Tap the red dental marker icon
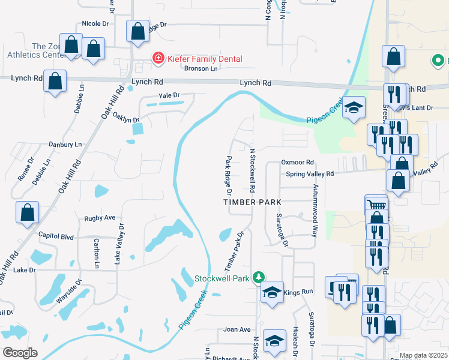point(158,59)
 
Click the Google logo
point(20,352)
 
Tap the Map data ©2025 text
point(423,355)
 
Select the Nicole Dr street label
point(95,23)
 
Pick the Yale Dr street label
point(169,95)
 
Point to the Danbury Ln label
point(65,145)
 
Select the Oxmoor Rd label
point(298,163)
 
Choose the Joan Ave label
point(237,329)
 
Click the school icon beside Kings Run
point(272,293)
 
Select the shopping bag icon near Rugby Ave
point(28,212)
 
